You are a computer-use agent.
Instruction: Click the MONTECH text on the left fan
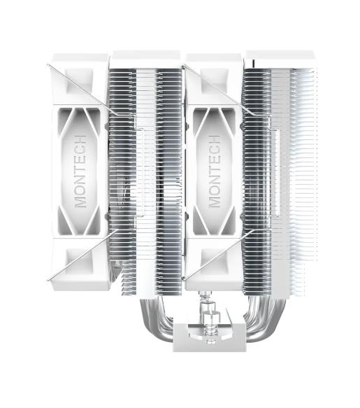tap(80, 171)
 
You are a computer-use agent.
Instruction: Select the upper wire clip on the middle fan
tap(210, 84)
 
